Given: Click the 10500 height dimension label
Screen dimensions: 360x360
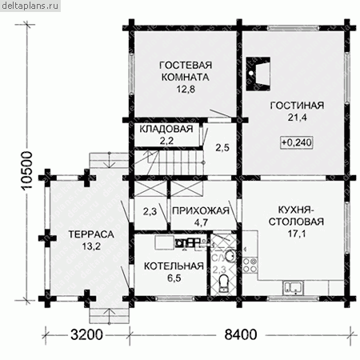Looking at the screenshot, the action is [27, 170].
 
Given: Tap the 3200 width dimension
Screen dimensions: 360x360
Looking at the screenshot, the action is [86, 334].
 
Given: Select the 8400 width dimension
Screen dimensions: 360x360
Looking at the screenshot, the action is [241, 334].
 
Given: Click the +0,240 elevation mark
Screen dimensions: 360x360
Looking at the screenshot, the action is [297, 142].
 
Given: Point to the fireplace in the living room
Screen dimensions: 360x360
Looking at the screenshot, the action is [258, 74].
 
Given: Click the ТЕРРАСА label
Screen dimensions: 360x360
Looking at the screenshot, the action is [91, 234].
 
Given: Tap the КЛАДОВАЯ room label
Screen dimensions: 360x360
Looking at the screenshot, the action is [166, 129].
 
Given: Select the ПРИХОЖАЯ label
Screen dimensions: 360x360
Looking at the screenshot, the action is [201, 210].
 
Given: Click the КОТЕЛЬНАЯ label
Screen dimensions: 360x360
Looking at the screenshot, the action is [174, 266].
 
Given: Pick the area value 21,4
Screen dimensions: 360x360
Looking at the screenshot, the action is [297, 118].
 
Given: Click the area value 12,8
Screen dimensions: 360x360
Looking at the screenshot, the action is [186, 89].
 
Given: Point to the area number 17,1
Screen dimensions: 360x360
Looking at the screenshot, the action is [297, 234].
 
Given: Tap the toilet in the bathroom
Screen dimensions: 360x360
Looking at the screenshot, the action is [223, 283].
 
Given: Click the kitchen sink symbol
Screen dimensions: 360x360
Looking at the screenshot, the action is [293, 288].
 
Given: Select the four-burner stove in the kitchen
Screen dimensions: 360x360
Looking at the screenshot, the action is [250, 265].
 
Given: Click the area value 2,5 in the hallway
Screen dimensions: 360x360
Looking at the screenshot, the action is [222, 147].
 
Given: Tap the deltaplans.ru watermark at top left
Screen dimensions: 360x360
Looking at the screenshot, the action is [30, 6].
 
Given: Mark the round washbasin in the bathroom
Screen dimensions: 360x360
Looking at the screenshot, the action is [230, 256].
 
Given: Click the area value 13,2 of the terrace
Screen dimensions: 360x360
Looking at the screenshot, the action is [91, 246].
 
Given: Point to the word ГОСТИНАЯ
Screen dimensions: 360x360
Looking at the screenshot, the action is [297, 106].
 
